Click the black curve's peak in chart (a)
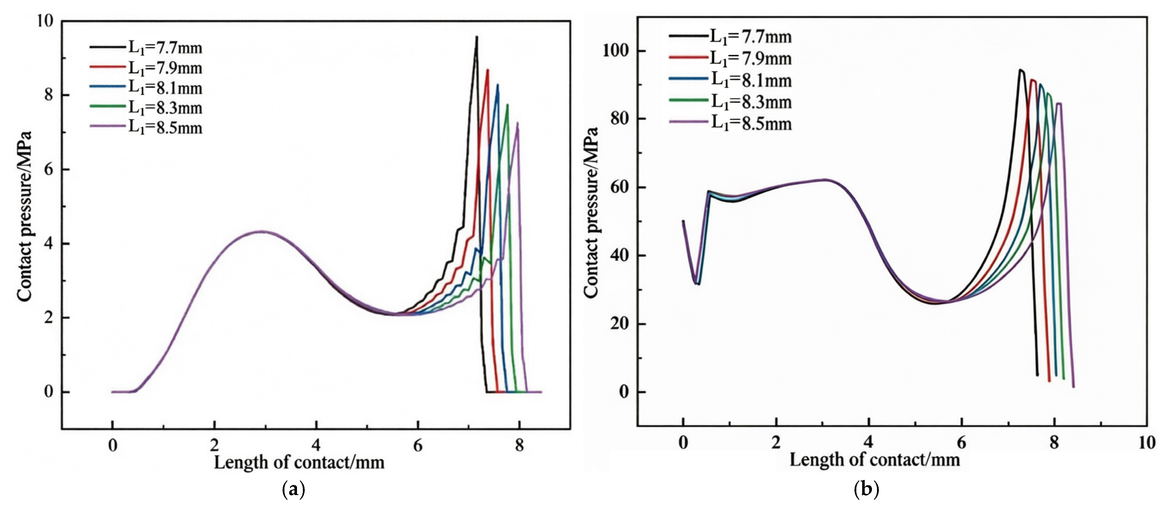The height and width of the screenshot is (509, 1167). click(476, 37)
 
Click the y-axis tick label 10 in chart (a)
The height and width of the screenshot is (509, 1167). click(45, 21)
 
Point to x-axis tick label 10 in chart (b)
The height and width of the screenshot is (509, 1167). click(1147, 443)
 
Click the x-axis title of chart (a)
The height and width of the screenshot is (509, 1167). click(299, 462)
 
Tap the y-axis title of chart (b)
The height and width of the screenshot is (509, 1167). click(591, 213)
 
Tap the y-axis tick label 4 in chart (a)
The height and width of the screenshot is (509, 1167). click(49, 244)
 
